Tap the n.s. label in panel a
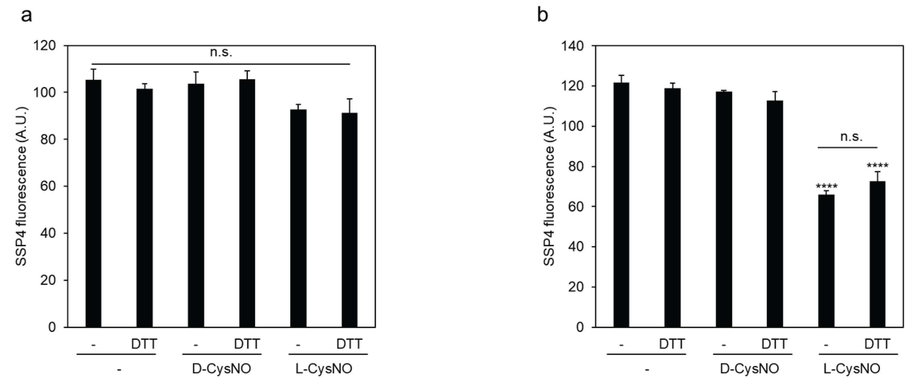[221, 53]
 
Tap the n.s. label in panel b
[851, 137]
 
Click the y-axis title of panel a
[22, 186]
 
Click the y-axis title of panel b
[549, 186]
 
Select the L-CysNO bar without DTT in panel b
[826, 261]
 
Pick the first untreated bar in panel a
[93, 203]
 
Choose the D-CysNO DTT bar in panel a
[247, 203]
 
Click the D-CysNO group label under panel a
[222, 369]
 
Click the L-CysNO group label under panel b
[852, 369]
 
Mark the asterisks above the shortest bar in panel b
[826, 186]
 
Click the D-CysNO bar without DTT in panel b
[724, 209]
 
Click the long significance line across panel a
[221, 64]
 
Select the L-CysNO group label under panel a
[324, 369]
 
